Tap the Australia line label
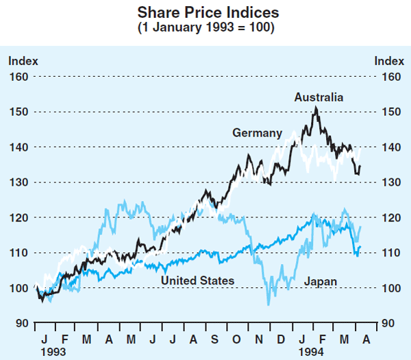[319, 98]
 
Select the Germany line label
[257, 133]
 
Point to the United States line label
[197, 280]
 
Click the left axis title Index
[23, 60]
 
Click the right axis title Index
[389, 60]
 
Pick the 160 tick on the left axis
[19, 76]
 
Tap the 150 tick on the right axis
[393, 112]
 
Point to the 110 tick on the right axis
[393, 253]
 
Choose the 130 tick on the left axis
[19, 182]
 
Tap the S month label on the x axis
[215, 338]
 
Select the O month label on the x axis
[237, 338]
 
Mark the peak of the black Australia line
[315, 107]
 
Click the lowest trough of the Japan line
[269, 304]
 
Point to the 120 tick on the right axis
[393, 217]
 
